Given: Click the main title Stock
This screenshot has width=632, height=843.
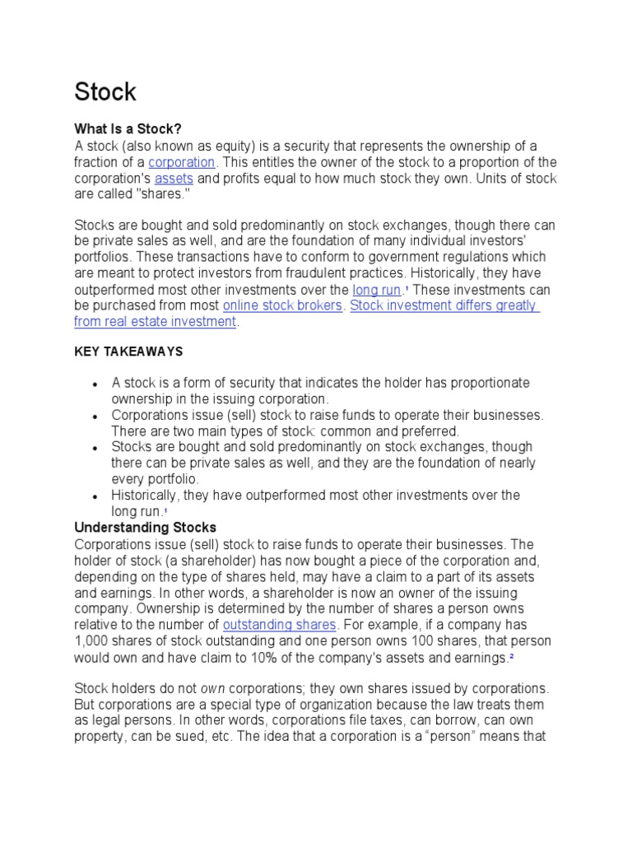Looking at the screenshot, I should pyautogui.click(x=105, y=91).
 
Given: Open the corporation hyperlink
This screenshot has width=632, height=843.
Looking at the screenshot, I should pyautogui.click(x=181, y=162).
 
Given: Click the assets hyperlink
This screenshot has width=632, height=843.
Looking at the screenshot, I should pyautogui.click(x=174, y=179).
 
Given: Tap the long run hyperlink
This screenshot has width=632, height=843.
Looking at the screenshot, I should pyautogui.click(x=377, y=290).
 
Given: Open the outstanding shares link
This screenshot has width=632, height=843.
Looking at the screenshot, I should pyautogui.click(x=280, y=625).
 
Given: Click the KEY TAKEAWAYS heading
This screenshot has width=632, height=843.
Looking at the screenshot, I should pyautogui.click(x=128, y=352).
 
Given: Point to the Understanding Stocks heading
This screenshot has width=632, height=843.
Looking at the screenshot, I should pyautogui.click(x=145, y=527).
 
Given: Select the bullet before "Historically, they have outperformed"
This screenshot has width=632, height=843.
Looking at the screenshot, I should pyautogui.click(x=96, y=496).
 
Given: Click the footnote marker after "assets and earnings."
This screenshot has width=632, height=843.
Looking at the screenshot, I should pyautogui.click(x=511, y=656).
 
